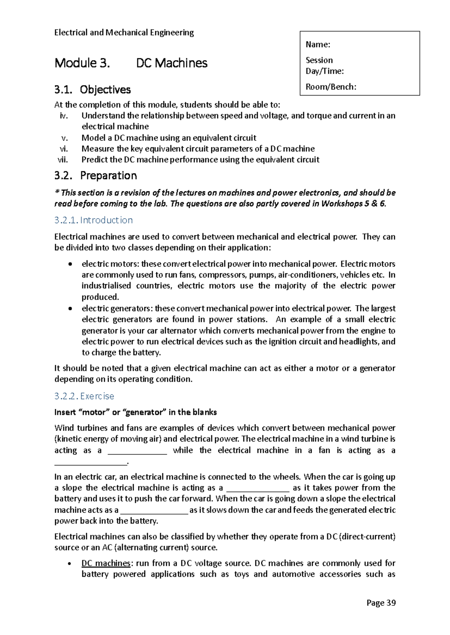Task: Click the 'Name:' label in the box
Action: click(x=318, y=45)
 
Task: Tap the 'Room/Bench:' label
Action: click(x=331, y=87)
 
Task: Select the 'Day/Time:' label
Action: click(x=324, y=71)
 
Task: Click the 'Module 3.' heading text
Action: click(x=82, y=63)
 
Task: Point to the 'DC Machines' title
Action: click(x=171, y=63)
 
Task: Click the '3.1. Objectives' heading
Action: click(x=92, y=89)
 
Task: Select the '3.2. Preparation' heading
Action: click(x=95, y=175)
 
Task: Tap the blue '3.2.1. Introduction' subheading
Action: click(x=93, y=220)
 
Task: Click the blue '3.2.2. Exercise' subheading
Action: click(x=84, y=396)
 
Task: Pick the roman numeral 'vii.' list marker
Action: click(x=63, y=159)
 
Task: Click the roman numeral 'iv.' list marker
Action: click(x=64, y=116)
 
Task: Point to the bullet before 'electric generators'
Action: click(x=70, y=309)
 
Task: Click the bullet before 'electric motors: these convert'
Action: click(x=70, y=264)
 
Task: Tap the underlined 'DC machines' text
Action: click(x=106, y=563)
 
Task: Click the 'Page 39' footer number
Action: click(x=381, y=602)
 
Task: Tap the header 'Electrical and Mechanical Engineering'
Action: click(x=124, y=33)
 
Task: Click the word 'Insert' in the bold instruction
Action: click(x=65, y=412)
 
